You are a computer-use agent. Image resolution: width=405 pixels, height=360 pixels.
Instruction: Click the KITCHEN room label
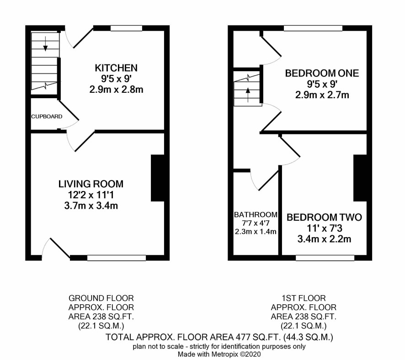(x=116, y=68)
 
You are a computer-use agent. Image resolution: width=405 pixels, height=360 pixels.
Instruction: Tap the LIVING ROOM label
(x=91, y=184)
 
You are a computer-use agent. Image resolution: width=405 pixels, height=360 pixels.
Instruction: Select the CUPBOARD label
(x=47, y=116)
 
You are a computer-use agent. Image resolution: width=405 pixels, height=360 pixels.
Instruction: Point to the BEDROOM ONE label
(x=322, y=73)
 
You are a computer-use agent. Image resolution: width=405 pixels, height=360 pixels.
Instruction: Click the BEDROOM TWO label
(x=325, y=217)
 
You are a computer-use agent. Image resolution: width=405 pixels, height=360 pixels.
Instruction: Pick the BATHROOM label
(x=256, y=215)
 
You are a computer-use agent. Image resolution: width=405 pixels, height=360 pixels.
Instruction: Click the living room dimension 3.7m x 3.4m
(x=91, y=206)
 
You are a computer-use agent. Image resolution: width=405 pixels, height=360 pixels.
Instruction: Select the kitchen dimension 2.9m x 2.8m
(x=116, y=90)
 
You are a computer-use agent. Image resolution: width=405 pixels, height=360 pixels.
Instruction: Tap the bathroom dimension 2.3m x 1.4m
(x=256, y=232)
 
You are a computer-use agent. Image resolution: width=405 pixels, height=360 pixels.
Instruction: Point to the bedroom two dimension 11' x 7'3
(x=325, y=228)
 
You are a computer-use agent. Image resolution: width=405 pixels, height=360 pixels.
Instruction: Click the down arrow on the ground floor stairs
(x=45, y=44)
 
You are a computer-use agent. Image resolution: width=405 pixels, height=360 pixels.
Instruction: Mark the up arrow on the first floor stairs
(x=248, y=95)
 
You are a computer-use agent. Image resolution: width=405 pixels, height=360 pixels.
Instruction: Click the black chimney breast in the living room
(x=158, y=178)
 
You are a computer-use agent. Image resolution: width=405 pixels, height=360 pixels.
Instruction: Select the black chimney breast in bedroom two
(x=360, y=178)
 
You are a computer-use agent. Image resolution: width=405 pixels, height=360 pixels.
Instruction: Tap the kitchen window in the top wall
(x=126, y=28)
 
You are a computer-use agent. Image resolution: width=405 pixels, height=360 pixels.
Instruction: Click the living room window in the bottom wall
(x=117, y=258)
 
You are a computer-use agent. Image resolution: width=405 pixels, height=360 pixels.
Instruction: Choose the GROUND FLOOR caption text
(x=101, y=298)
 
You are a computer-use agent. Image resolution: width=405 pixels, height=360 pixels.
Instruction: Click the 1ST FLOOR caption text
(x=304, y=298)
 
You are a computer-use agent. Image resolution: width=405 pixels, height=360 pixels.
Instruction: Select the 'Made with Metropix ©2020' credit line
(x=219, y=354)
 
